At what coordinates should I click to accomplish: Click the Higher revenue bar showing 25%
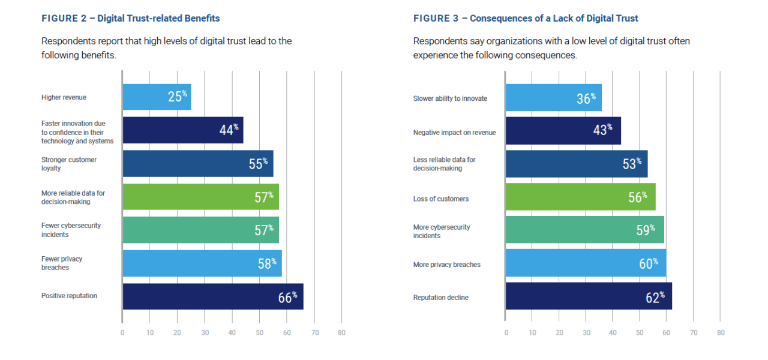click(x=156, y=97)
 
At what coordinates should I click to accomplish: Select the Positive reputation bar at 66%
click(x=212, y=296)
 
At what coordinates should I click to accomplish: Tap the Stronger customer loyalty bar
click(x=197, y=164)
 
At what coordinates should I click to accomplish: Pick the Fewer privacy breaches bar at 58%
click(x=202, y=263)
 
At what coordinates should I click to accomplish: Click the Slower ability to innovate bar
click(x=553, y=98)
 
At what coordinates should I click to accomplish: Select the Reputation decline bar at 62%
click(x=588, y=296)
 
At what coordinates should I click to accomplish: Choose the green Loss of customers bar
click(x=580, y=197)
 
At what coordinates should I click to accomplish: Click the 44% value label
click(x=229, y=130)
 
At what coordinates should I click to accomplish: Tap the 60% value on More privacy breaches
click(x=648, y=263)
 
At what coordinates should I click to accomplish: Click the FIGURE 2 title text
click(x=130, y=19)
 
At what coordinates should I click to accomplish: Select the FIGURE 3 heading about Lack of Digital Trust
click(x=525, y=19)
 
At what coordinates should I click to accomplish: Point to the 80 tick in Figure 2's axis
click(x=341, y=332)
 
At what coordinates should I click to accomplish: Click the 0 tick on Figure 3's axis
click(x=506, y=332)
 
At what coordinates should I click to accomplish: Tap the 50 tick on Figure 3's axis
click(x=640, y=332)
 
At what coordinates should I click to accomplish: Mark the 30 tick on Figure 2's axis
click(x=205, y=332)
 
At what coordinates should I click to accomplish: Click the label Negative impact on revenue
click(x=454, y=133)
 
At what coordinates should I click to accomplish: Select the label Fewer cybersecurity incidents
click(x=71, y=230)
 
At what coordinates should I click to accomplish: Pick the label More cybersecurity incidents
click(x=441, y=232)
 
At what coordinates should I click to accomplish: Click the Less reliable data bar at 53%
click(x=576, y=164)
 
